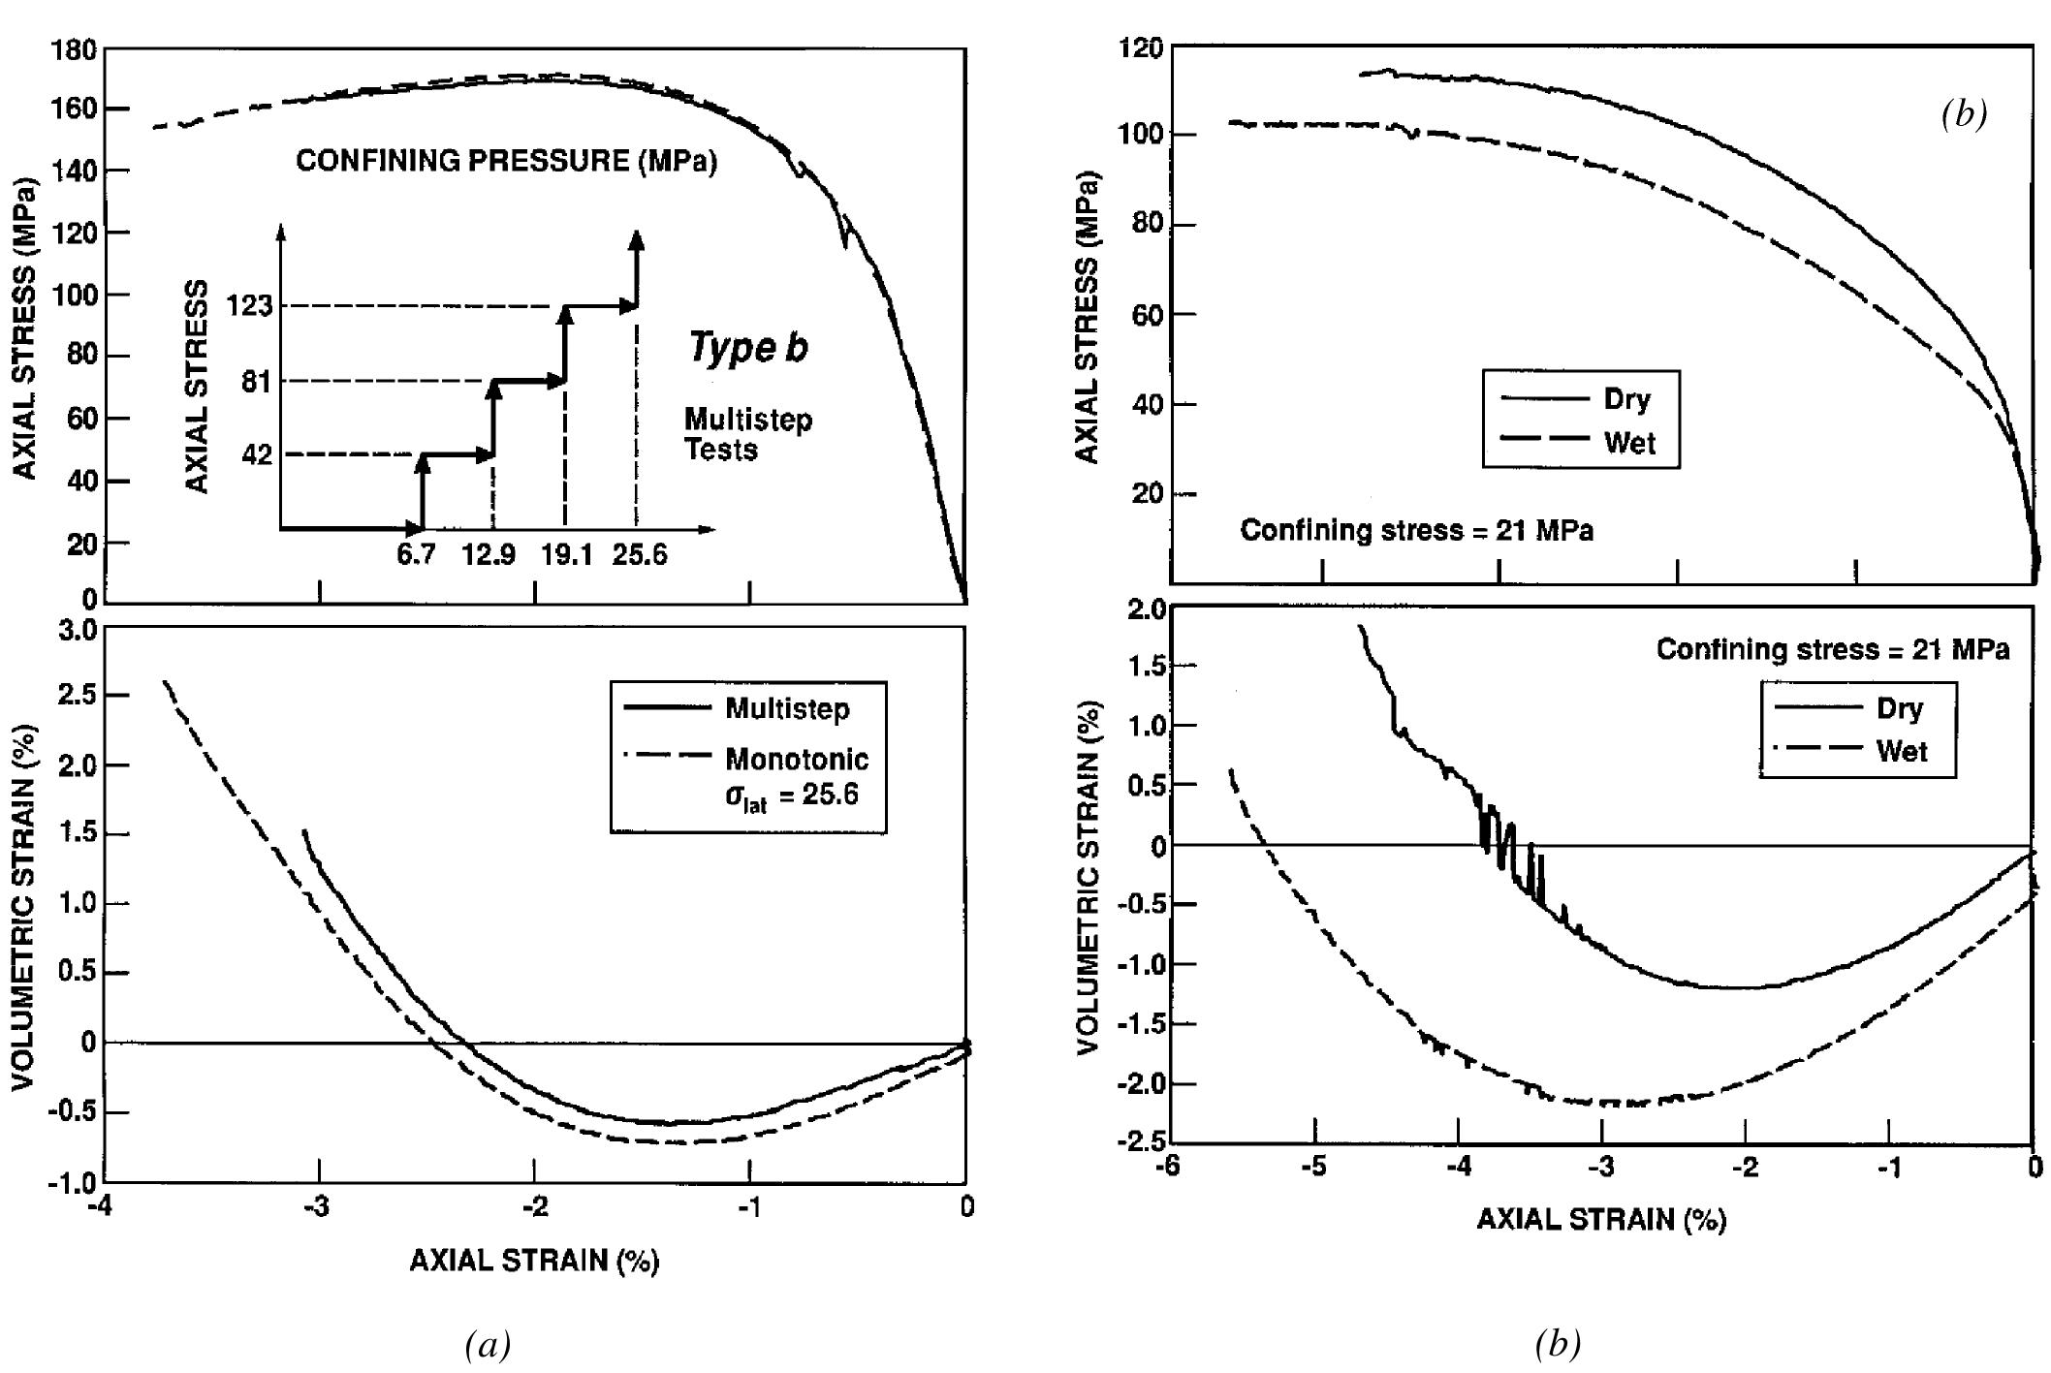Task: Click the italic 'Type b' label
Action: [x=747, y=347]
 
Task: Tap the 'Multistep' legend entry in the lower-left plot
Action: [x=787, y=709]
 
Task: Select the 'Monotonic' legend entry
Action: [x=797, y=759]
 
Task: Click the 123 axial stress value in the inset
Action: [x=249, y=307]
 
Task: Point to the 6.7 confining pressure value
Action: [x=416, y=555]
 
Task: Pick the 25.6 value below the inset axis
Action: [x=640, y=555]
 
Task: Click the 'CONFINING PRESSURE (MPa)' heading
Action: [x=506, y=161]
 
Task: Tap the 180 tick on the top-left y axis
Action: [x=74, y=49]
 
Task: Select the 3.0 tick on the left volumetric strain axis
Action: [x=78, y=631]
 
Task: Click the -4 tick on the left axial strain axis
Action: [x=100, y=1206]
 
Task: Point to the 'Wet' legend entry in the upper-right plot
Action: [x=1629, y=443]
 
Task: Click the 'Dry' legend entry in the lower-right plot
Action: [x=1899, y=708]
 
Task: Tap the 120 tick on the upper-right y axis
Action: [x=1140, y=47]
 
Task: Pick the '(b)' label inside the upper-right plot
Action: [x=1963, y=114]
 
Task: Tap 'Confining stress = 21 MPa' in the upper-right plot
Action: [x=1416, y=531]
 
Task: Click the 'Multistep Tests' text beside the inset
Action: [x=747, y=434]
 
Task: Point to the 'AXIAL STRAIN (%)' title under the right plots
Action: [x=1601, y=1219]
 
